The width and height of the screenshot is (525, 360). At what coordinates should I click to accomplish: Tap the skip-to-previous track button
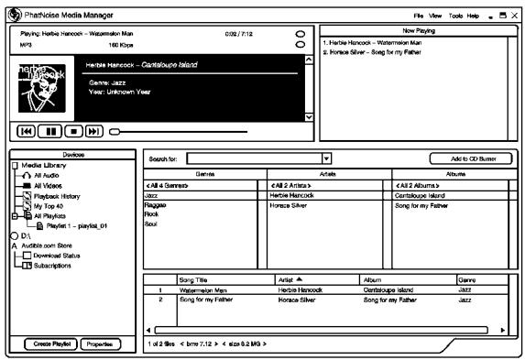point(25,131)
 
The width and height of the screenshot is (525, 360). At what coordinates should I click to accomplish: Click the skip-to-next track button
point(94,131)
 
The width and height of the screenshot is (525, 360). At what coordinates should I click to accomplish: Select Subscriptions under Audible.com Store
point(59,266)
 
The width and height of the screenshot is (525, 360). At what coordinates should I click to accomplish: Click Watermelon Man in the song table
point(204,289)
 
